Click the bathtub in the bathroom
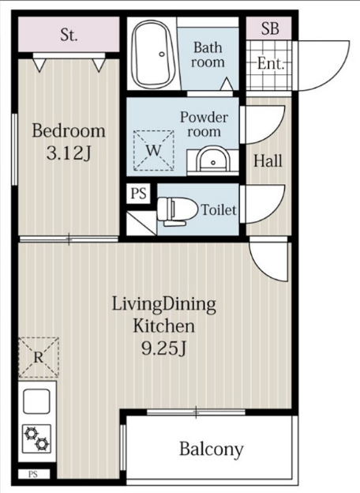pos(153,55)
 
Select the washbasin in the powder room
pos(213,159)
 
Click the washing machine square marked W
pos(154,151)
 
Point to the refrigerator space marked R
pos(39,357)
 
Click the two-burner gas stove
pos(36,438)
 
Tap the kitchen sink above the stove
pos(36,401)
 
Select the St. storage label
pos(69,35)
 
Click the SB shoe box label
pos(270,28)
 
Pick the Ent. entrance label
pos(271,63)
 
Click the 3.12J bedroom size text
pos(69,153)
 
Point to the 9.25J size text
pos(164,348)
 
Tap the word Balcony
pos(212,449)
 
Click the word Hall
pos(268,160)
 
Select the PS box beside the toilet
pos(138,193)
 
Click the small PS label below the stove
pos(33,474)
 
